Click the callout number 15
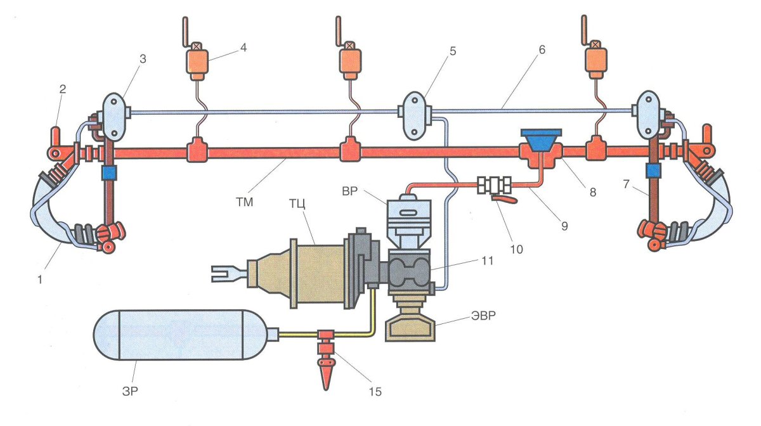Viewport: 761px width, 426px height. (375, 391)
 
